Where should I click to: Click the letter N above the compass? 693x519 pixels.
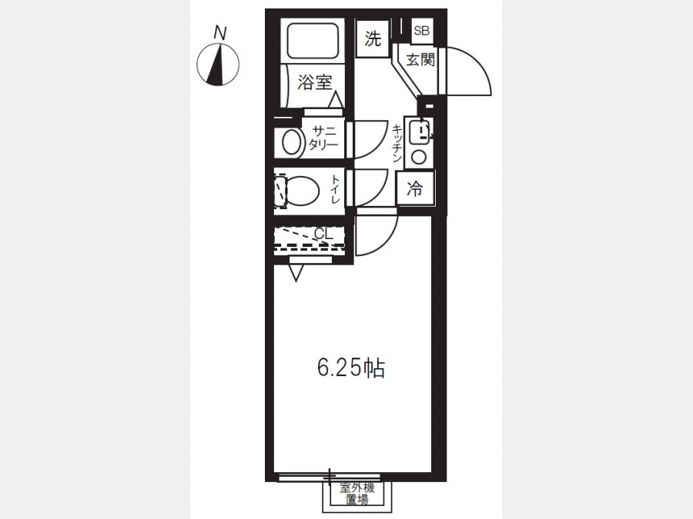pyautogui.click(x=220, y=33)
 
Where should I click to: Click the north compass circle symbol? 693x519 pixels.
pyautogui.click(x=217, y=64)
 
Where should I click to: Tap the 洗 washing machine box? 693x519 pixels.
pyautogui.click(x=373, y=39)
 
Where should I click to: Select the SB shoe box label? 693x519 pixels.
pyautogui.click(x=422, y=31)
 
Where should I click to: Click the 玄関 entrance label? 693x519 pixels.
pyautogui.click(x=420, y=59)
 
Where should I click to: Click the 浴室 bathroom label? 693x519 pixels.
pyautogui.click(x=314, y=82)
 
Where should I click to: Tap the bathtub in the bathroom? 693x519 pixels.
pyautogui.click(x=313, y=40)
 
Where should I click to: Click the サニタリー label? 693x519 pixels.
pyautogui.click(x=323, y=138)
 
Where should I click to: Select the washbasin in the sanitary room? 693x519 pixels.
pyautogui.click(x=290, y=142)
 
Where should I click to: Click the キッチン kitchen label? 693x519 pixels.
pyautogui.click(x=397, y=143)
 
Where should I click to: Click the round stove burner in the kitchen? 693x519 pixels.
pyautogui.click(x=419, y=157)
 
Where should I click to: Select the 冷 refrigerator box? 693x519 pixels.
pyautogui.click(x=415, y=189)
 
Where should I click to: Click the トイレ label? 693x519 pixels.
pyautogui.click(x=336, y=190)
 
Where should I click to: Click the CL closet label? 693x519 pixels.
pyautogui.click(x=323, y=232)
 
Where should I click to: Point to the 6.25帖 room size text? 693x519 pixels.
pyautogui.click(x=351, y=368)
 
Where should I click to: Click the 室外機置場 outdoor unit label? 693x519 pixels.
pyautogui.click(x=357, y=494)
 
